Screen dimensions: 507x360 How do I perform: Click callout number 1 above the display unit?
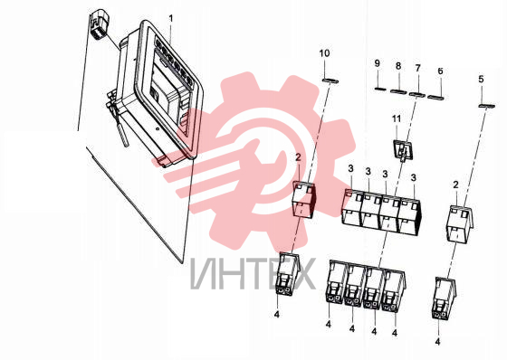171,19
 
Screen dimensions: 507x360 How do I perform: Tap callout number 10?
325,53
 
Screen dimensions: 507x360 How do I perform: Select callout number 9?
377,63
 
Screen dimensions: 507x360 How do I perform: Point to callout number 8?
398,66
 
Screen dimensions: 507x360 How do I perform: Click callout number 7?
418,68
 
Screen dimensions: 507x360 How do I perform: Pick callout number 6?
440,71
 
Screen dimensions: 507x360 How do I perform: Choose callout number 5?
481,79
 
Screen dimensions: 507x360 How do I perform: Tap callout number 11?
397,118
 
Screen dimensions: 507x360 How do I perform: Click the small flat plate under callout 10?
330,81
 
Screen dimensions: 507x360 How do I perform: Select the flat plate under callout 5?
487,106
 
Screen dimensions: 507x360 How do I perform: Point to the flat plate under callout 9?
380,89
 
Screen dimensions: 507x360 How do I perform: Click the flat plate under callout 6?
435,97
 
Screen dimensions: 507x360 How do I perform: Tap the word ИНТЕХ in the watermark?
253,273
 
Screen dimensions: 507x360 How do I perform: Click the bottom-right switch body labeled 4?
445,298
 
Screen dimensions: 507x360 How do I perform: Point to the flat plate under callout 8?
398,91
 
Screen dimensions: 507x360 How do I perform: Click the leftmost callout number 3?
351,168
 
